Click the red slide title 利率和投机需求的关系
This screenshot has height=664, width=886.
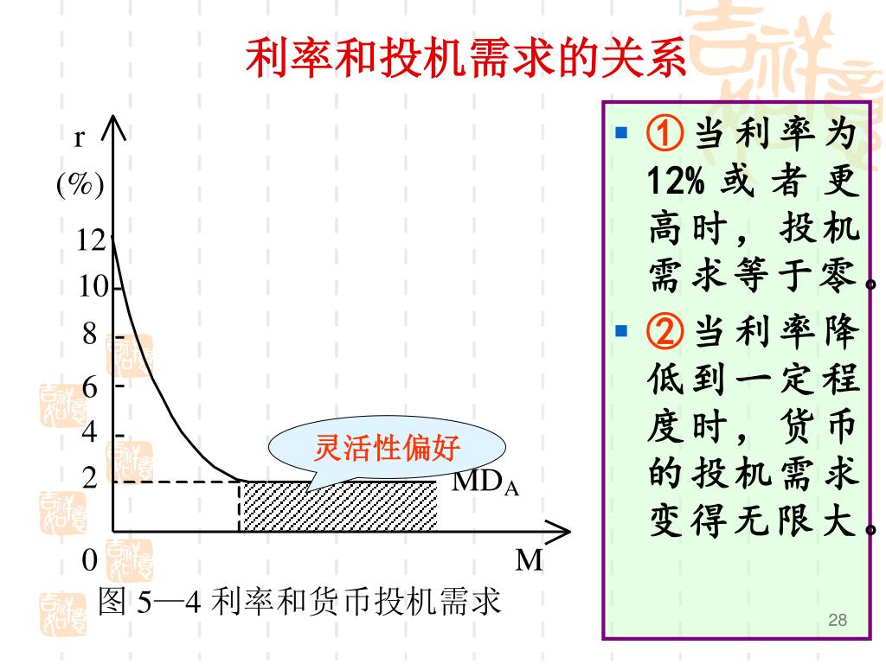tap(467, 59)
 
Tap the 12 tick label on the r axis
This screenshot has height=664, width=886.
tap(91, 239)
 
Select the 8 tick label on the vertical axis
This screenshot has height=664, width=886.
tap(90, 335)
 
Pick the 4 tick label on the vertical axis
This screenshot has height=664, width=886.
tap(90, 431)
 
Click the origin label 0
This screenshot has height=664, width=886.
tap(89, 560)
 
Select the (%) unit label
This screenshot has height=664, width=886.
tap(80, 184)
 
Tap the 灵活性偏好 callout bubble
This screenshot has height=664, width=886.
tap(386, 449)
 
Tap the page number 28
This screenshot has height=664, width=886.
tap(837, 619)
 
